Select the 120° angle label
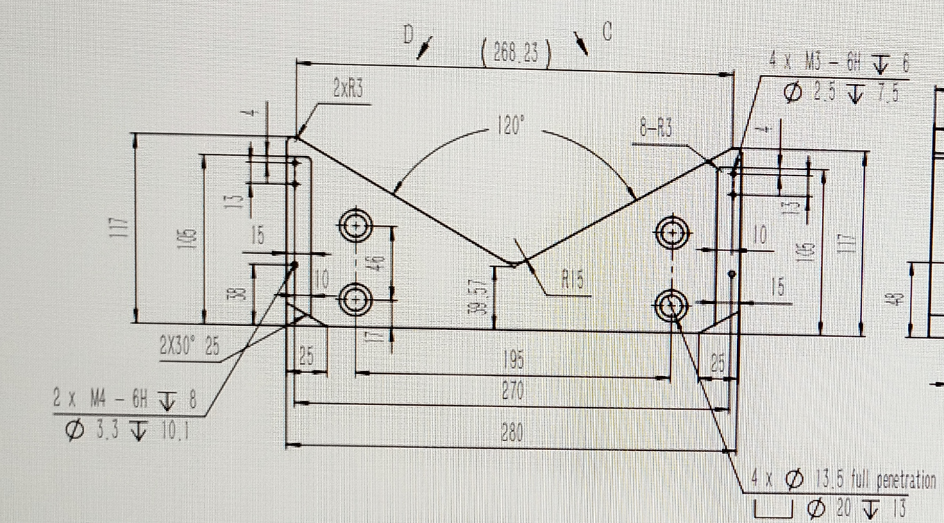(x=510, y=126)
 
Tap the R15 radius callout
(x=573, y=280)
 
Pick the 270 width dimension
(x=512, y=391)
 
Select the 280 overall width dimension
(x=512, y=433)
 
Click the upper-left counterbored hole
(x=356, y=225)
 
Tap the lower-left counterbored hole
(x=356, y=300)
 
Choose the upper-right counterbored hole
(x=672, y=232)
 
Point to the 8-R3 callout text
(x=656, y=129)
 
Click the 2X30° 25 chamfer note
(x=189, y=346)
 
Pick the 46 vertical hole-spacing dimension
(x=376, y=264)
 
